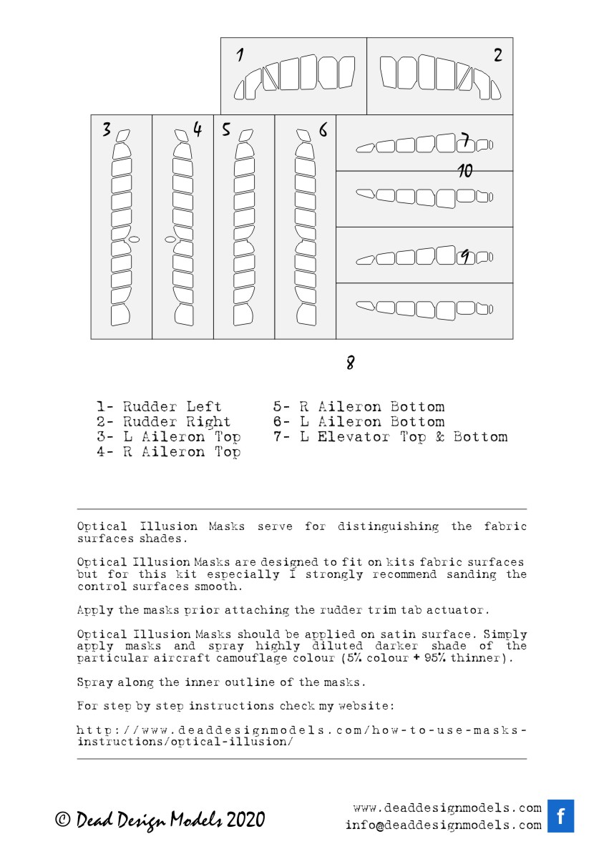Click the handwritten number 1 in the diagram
click(x=240, y=54)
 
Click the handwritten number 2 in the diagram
click(x=497, y=55)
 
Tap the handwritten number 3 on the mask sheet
click(x=106, y=129)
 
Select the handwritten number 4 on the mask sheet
click(x=198, y=129)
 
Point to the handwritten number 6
click(x=323, y=129)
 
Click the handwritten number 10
click(x=465, y=171)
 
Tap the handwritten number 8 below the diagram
click(x=350, y=363)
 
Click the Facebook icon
click(x=560, y=816)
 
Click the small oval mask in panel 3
click(x=134, y=238)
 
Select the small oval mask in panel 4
click(x=170, y=240)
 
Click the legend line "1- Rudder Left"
click(x=159, y=407)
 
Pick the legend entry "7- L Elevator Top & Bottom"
click(x=390, y=436)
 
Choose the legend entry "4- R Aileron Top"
click(x=168, y=451)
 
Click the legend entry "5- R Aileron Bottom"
click(x=358, y=407)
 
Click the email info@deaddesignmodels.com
click(x=443, y=825)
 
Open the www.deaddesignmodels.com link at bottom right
click(x=447, y=808)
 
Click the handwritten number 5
click(x=226, y=129)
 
